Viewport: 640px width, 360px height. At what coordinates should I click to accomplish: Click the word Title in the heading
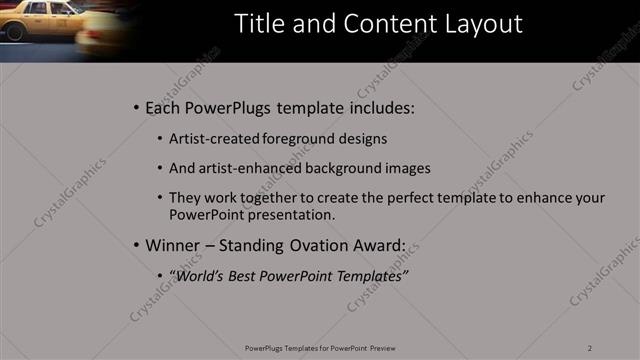coord(258,24)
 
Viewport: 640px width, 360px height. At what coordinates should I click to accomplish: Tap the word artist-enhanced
coord(247,168)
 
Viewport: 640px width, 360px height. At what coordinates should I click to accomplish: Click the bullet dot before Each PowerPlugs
coord(136,107)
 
